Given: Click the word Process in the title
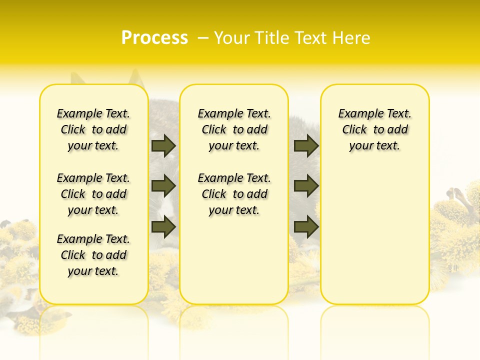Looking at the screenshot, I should [154, 38].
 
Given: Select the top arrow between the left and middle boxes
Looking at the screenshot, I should [163, 145].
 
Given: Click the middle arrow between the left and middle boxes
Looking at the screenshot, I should [163, 186].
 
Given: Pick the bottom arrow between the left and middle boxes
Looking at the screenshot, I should [163, 226].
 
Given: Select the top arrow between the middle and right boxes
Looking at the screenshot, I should [306, 145].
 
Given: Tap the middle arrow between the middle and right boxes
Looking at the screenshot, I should [306, 186].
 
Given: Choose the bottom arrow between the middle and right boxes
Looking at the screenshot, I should [306, 226].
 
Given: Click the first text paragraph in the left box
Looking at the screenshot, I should [93, 129].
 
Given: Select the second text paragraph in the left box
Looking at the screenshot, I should [93, 194].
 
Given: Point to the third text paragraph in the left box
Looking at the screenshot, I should [93, 255].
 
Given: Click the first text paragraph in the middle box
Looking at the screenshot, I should [234, 129].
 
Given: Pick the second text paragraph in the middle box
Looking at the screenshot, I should [234, 194].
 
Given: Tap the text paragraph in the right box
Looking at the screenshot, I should [375, 129].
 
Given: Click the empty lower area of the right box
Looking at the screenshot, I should [375, 240].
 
